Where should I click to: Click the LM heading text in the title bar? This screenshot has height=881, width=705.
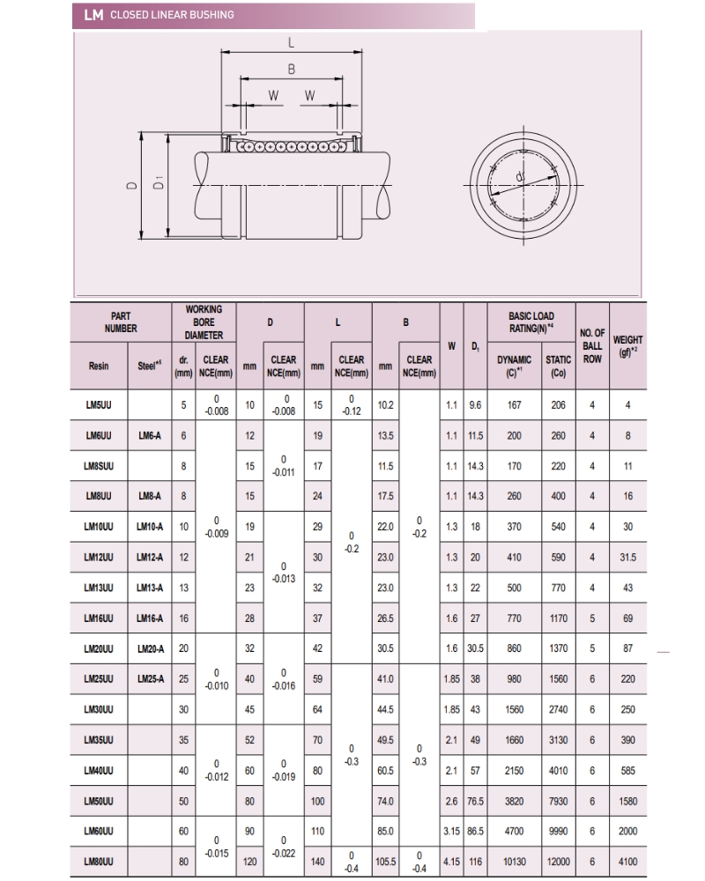(92, 15)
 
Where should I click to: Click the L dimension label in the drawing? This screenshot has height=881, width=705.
(291, 41)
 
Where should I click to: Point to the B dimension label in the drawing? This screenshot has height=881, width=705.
(291, 69)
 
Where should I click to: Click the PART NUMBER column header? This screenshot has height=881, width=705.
(121, 322)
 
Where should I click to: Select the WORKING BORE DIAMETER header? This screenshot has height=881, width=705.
(204, 322)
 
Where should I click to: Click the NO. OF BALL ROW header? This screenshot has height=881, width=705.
(592, 346)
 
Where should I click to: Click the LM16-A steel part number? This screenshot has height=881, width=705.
(149, 618)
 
